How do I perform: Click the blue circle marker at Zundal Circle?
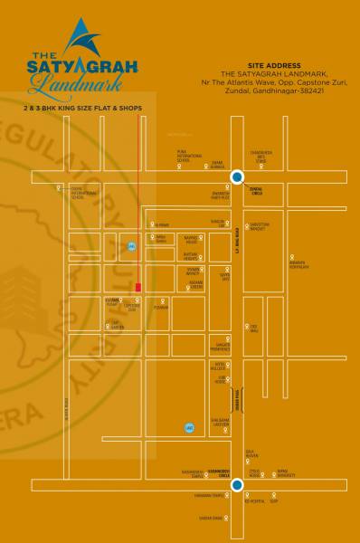click(237, 176)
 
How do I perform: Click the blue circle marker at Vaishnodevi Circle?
click(237, 486)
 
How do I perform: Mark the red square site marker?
click(137, 288)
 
